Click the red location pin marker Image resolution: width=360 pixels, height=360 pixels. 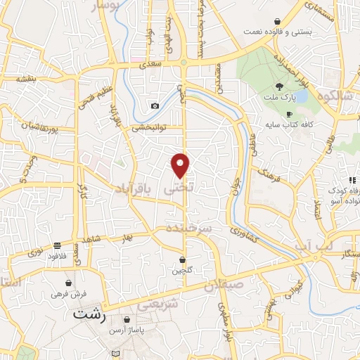[x=181, y=165]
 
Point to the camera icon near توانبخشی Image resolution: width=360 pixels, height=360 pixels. [x=155, y=106]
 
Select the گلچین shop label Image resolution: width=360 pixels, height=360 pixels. [x=183, y=270]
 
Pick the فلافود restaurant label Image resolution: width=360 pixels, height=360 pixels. [x=57, y=256]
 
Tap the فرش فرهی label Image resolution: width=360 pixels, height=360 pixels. [x=67, y=294]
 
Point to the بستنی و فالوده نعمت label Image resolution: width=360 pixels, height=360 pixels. [x=278, y=32]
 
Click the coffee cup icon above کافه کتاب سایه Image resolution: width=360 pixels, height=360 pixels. [x=289, y=114]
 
